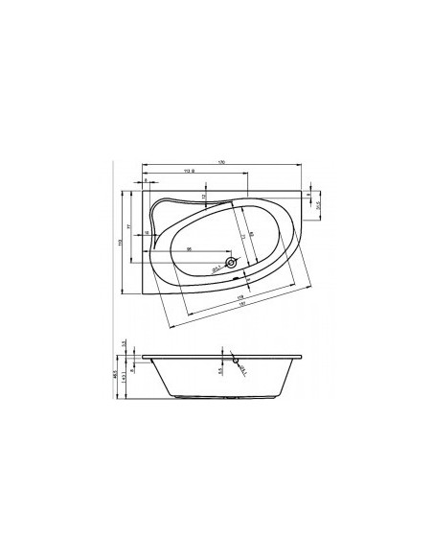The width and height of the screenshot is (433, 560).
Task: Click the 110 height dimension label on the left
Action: (x=121, y=241)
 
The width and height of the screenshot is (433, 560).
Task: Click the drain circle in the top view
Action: (x=231, y=262)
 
